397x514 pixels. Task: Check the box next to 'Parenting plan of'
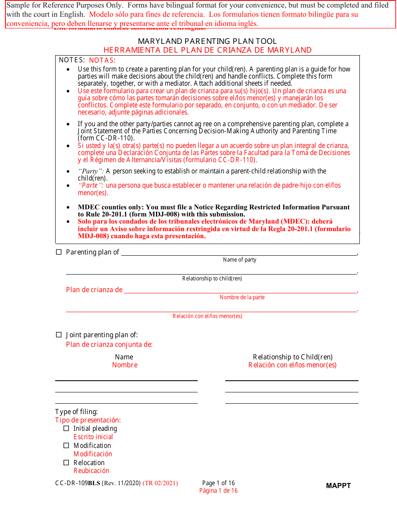point(59,252)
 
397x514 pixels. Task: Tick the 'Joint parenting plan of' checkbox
point(59,335)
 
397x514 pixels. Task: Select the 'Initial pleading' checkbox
point(66,428)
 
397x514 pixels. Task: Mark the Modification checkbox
point(66,445)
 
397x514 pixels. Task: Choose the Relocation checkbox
point(66,463)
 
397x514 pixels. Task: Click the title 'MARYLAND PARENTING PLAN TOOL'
point(207,41)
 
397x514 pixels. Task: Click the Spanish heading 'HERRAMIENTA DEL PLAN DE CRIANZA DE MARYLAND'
point(207,50)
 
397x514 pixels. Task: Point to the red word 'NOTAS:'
point(102,60)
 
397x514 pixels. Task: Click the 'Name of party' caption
point(239,260)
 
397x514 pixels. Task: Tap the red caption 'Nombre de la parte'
point(242,298)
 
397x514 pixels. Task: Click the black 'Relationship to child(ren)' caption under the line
point(212,279)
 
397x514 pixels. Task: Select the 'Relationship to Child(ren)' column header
point(293,357)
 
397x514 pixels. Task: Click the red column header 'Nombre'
point(125,365)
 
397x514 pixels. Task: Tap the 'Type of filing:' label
point(76,412)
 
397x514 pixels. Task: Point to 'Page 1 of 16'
point(219,483)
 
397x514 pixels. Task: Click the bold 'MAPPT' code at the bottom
point(338,486)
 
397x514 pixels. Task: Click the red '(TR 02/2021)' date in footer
point(160,483)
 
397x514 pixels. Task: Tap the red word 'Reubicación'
point(91,471)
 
